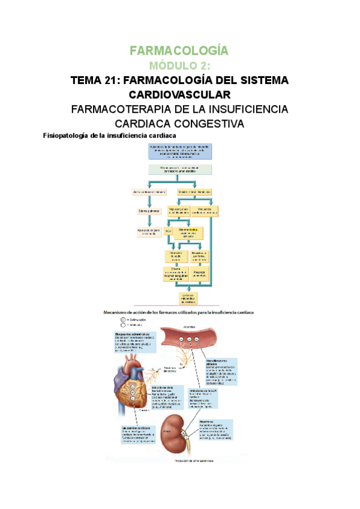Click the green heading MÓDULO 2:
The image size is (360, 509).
(x=179, y=65)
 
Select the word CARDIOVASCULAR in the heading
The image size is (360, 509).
(x=179, y=95)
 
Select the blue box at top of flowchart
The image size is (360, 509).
(x=180, y=151)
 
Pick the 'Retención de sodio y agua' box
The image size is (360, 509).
(x=176, y=256)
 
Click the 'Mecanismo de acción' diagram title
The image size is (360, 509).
(x=179, y=312)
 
